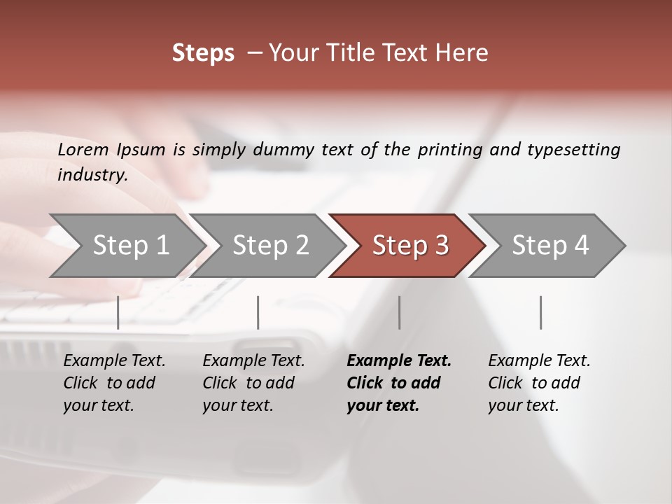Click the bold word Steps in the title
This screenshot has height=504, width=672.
point(203,53)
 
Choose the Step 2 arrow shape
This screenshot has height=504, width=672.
point(270,246)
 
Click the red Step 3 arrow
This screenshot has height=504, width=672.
point(410,246)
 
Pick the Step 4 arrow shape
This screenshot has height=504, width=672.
point(550,246)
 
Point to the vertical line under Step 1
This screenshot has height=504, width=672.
point(118,312)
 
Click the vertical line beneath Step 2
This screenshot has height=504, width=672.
point(258,312)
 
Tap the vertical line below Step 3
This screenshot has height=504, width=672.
point(400,312)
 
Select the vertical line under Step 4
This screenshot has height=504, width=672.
point(541,312)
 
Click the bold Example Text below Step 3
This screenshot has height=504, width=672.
point(399,383)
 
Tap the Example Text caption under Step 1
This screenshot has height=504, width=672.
point(114,383)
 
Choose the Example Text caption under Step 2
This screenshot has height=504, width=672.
point(253,383)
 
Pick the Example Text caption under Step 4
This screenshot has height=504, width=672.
point(539,383)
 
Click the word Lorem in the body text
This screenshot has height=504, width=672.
point(83,149)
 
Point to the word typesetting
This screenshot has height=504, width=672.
point(573,150)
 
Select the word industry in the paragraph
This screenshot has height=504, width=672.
point(92,174)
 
